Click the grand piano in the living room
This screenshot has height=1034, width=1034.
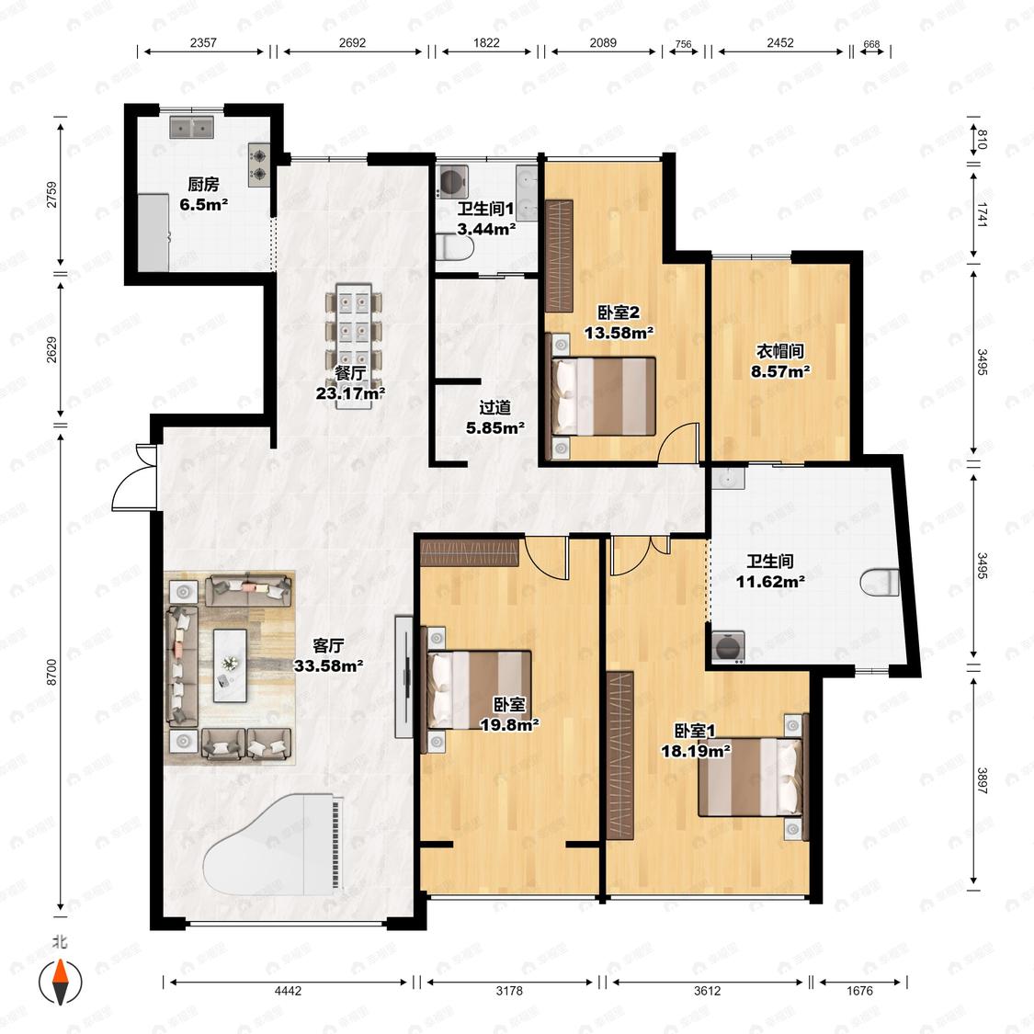click(274, 844)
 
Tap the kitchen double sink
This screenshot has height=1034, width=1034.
click(192, 127)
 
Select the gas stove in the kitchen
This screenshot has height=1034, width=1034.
click(259, 165)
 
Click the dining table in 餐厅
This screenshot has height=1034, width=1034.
click(354, 346)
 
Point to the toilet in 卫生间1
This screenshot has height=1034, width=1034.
click(455, 247)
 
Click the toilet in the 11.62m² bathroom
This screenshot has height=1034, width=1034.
click(881, 583)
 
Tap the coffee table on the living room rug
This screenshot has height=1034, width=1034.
click(230, 665)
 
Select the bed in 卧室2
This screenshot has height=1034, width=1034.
click(603, 396)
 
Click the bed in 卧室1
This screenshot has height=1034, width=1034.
click(751, 777)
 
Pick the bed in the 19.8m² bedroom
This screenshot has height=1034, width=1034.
click(480, 689)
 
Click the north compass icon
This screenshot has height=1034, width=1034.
click(60, 981)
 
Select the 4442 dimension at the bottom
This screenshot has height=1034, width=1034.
click(289, 991)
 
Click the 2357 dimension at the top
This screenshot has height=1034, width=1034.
click(203, 43)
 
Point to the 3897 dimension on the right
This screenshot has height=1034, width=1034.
click(982, 780)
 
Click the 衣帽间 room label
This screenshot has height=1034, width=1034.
click(780, 351)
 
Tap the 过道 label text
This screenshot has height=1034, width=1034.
click(495, 408)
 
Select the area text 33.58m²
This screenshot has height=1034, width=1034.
click(328, 666)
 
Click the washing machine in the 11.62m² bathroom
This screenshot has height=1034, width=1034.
click(728, 646)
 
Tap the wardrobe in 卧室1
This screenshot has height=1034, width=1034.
click(619, 756)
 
